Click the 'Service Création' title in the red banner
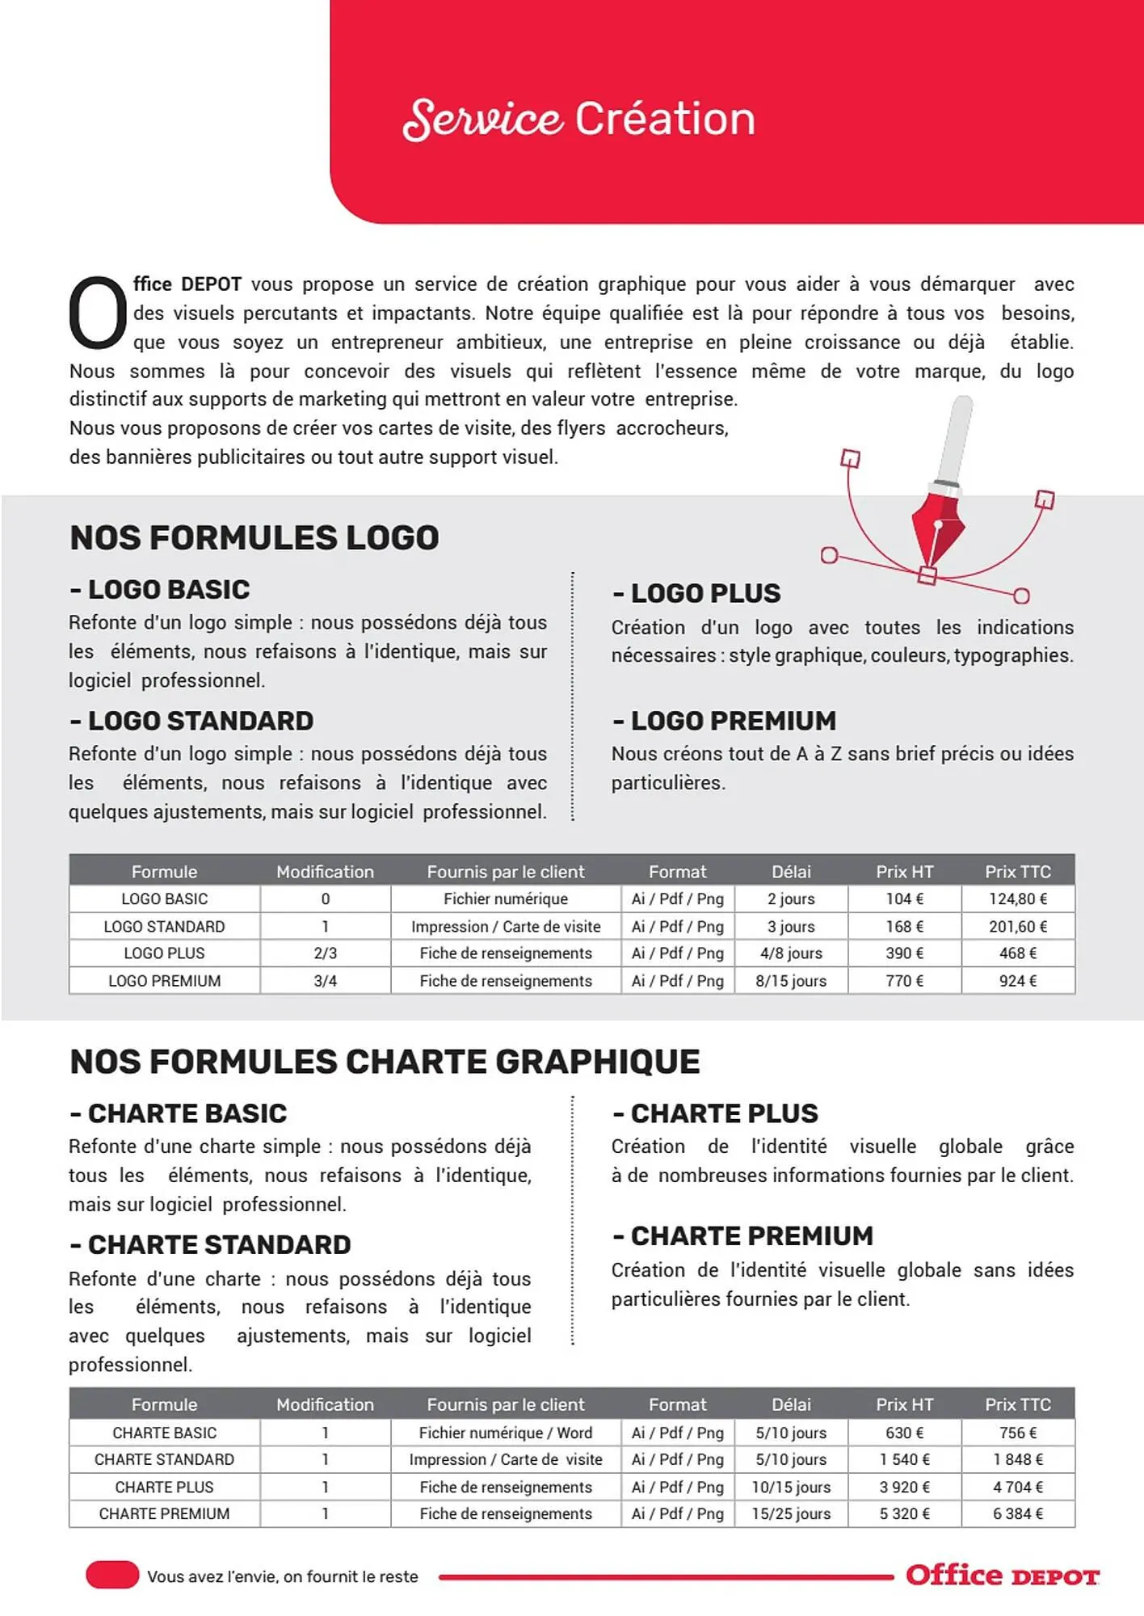click(578, 119)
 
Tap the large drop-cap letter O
click(97, 314)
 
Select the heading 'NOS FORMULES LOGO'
click(254, 538)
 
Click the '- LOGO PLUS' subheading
click(696, 593)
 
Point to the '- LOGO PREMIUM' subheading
click(724, 721)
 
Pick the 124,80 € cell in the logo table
click(1017, 898)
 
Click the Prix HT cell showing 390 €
click(904, 953)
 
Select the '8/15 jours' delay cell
click(790, 981)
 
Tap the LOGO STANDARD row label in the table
click(164, 927)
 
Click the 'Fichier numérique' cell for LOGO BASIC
click(505, 898)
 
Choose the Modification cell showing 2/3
click(325, 953)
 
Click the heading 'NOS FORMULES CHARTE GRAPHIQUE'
click(385, 1062)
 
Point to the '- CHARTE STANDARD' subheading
click(210, 1245)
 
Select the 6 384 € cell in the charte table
click(1017, 1513)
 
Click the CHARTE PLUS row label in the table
click(164, 1487)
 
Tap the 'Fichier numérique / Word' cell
click(505, 1433)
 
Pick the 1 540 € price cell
click(904, 1459)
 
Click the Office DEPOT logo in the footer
click(1002, 1576)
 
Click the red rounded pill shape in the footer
click(112, 1575)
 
